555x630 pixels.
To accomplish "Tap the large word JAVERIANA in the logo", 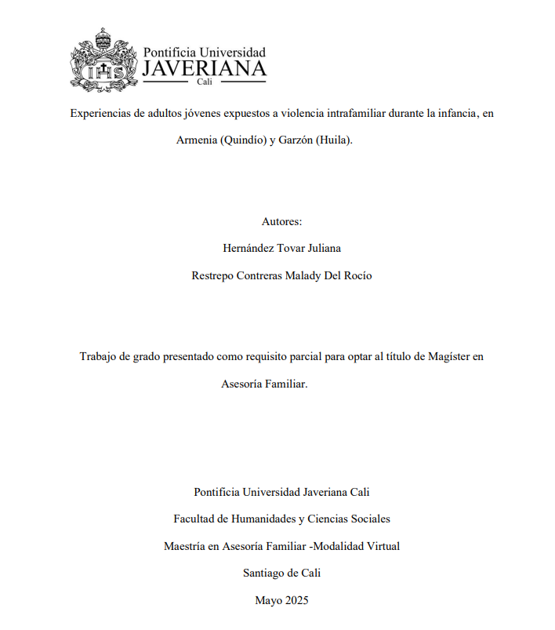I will click(x=204, y=69).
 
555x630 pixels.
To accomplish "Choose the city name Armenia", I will click(x=197, y=140).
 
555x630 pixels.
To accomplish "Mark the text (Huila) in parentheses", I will click(x=335, y=140).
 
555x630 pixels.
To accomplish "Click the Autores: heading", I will click(x=281, y=222).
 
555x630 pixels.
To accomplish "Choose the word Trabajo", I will click(x=100, y=356).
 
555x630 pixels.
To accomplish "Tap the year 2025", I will click(x=296, y=600).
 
